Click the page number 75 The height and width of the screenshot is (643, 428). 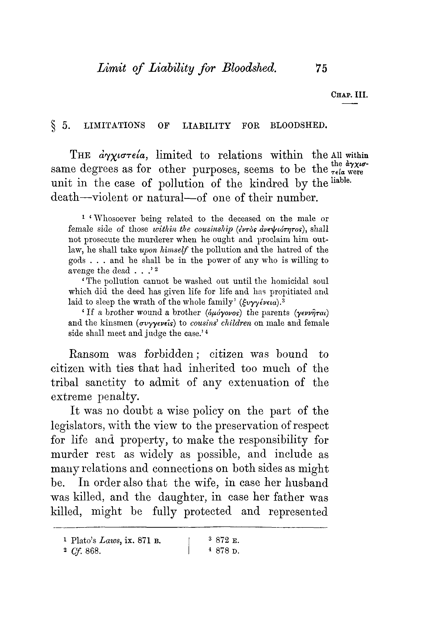(321, 68)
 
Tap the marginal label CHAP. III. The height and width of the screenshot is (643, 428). (349, 95)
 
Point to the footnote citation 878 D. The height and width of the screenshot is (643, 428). (227, 551)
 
